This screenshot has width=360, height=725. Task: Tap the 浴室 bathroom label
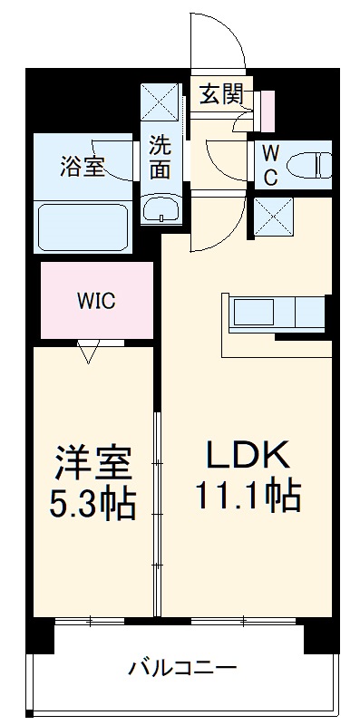point(83,166)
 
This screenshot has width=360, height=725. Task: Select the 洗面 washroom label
point(161,155)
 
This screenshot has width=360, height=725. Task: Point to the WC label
point(270,165)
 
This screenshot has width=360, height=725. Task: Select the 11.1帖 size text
point(247,495)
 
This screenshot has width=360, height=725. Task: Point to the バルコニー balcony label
point(182,670)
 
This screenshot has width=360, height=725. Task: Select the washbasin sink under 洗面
point(162,208)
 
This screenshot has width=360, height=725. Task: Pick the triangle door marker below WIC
point(88,350)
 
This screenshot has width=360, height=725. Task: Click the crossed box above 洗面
point(161,101)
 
